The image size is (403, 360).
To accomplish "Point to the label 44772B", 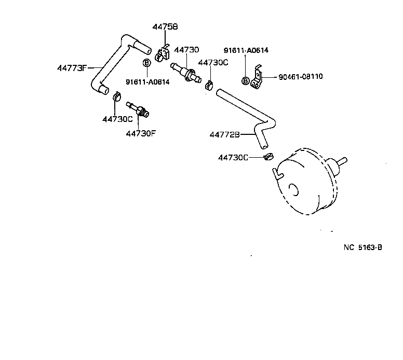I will coord(225,134).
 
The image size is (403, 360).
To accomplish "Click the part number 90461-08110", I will coord(301,77).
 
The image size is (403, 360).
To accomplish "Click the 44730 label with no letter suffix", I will coord(186,50).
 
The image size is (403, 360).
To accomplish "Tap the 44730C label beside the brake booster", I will coord(233,157).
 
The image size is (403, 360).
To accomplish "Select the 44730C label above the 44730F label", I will coord(117,119).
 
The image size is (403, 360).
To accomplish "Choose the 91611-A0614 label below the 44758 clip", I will coord(147,81).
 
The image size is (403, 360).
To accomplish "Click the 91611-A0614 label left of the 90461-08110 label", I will coord(246,50).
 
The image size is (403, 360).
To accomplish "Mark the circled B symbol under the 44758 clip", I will coord(146,63).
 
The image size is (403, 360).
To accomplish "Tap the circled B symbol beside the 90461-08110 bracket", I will coord(245,80).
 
